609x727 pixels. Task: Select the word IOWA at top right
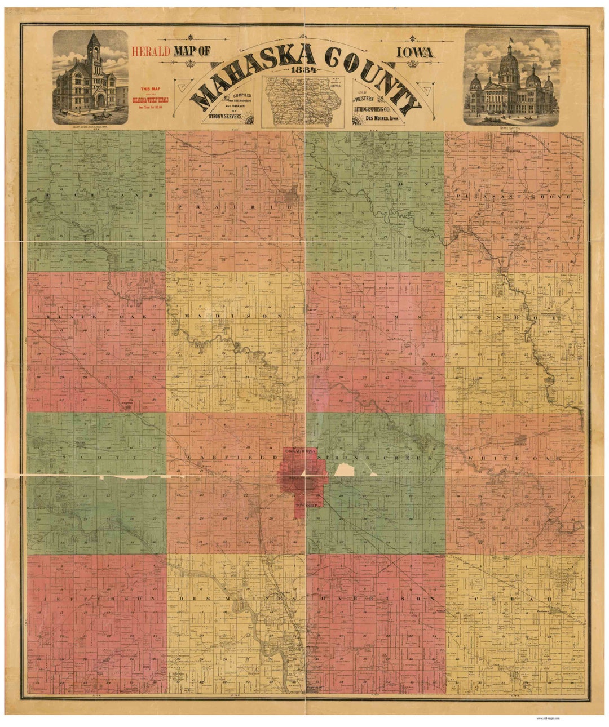click(x=415, y=52)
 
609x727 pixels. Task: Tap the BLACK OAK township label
click(x=96, y=317)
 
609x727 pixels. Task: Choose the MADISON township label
click(x=234, y=317)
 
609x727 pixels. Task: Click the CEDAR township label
click(x=510, y=598)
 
